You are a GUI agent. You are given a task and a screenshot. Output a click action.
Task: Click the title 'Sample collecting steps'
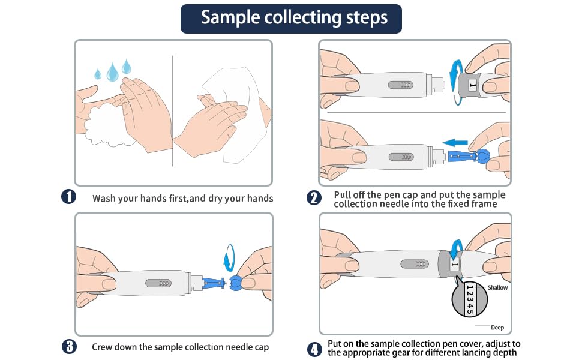[291, 17]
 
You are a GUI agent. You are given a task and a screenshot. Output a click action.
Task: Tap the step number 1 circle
[69, 197]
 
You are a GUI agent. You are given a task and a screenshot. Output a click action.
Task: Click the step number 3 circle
[69, 346]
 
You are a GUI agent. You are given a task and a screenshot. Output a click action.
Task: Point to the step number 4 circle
[314, 349]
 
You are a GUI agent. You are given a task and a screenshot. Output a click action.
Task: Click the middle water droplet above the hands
[112, 73]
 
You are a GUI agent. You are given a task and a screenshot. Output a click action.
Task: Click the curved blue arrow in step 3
[229, 260]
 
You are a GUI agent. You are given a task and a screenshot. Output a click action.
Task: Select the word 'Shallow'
[497, 287]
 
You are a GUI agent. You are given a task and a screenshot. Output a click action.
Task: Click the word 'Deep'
[497, 328]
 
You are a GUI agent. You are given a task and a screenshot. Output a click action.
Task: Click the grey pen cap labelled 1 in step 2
[472, 86]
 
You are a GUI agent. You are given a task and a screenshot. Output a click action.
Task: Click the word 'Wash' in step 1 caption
[103, 198]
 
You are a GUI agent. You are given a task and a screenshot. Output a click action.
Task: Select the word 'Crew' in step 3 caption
[103, 347]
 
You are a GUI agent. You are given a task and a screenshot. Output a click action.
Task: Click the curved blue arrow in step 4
[458, 248]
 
